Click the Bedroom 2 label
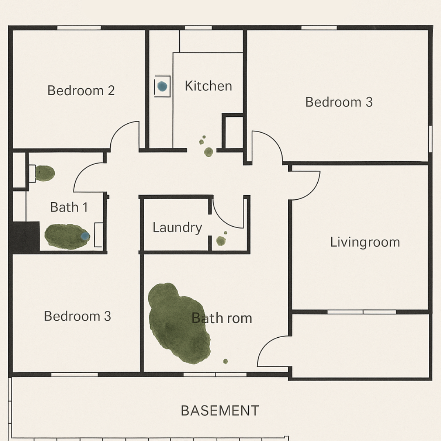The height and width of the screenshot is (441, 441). click(x=81, y=91)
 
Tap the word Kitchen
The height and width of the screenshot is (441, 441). click(x=208, y=86)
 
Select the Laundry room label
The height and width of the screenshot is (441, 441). click(x=177, y=228)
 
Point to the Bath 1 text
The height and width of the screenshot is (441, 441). click(x=69, y=207)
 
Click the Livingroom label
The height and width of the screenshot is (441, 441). click(x=365, y=243)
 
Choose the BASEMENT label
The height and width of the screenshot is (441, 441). click(x=220, y=411)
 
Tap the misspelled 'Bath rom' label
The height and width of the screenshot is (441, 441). click(x=222, y=318)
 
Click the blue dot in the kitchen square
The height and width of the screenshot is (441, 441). click(x=162, y=86)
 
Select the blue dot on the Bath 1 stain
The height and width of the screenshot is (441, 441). click(x=85, y=236)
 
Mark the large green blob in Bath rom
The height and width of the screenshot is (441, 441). click(x=179, y=323)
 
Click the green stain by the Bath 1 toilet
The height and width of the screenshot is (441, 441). click(x=45, y=173)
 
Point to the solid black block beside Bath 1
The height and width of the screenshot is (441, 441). click(x=25, y=237)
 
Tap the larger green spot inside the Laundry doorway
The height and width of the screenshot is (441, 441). click(x=221, y=241)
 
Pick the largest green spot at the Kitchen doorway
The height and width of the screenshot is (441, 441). click(x=208, y=152)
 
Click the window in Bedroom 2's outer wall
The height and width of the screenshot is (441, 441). click(x=79, y=28)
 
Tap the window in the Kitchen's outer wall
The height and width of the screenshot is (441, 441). click(x=198, y=28)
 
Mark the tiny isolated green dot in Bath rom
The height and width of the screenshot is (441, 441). click(x=225, y=361)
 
